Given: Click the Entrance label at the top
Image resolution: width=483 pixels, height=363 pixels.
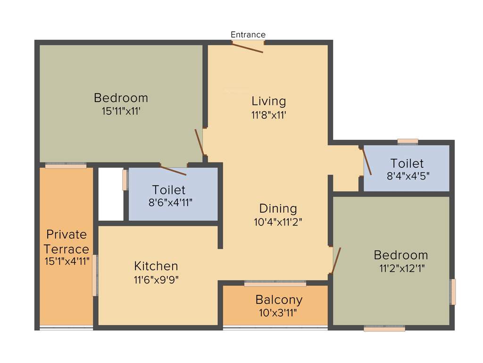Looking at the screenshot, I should point(248,35).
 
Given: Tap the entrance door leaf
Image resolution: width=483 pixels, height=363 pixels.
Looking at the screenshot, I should point(248,48).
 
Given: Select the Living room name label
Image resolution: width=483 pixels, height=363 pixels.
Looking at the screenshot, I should point(268,101).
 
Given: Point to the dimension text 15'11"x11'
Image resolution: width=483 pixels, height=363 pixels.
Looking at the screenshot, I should point(121,112).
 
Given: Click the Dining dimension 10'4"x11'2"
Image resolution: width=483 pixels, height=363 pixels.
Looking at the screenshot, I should point(278,222).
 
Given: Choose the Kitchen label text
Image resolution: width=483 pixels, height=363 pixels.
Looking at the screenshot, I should point(156,266).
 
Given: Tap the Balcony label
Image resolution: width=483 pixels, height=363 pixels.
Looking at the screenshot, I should point(279,300).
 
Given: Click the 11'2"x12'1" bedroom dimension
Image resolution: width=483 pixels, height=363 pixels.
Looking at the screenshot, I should point(400,268).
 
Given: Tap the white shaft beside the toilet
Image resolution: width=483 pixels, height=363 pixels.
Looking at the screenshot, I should point(110,194).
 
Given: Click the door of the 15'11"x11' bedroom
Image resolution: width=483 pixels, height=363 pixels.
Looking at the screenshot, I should point(200,142).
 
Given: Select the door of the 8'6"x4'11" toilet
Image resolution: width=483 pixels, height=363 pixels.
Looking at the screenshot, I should point(173,171).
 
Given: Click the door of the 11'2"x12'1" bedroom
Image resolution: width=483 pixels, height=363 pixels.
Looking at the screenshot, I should point(336,260).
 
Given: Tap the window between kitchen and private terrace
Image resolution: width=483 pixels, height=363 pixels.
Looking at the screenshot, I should point(95,276).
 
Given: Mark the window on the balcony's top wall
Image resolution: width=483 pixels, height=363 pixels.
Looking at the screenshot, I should point(275,284).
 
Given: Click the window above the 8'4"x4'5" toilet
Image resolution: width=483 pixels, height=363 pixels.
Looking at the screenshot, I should point(408,141).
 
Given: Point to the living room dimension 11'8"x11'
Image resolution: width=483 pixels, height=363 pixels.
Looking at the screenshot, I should point(268,114).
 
